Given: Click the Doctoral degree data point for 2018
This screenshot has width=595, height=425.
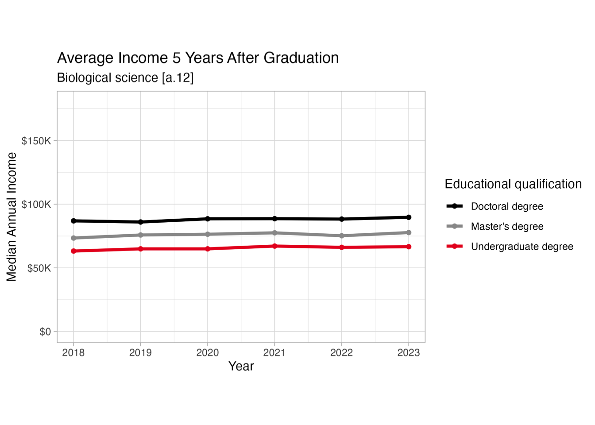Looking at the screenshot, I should point(73,220).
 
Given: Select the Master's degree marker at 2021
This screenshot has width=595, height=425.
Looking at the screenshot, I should point(274,233).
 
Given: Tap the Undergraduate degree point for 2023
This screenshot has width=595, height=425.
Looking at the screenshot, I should point(409,247).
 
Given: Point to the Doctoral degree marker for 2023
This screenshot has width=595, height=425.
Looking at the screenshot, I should point(409,217).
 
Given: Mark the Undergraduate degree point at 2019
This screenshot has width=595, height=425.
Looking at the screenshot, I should point(141,249).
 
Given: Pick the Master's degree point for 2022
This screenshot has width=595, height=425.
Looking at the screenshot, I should point(342,236).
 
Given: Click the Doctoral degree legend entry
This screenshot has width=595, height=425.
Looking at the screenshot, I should point(506,206).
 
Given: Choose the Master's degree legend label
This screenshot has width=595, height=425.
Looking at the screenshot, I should point(507,227).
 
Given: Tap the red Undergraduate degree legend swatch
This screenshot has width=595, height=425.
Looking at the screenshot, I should point(455,246).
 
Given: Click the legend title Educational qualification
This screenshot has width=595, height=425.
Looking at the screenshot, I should point(513,184).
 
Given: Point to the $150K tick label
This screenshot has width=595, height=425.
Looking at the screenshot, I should point(36,141).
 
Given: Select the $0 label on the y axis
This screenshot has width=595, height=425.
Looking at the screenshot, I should point(45,332).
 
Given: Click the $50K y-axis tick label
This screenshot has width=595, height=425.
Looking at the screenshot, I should point(39,268).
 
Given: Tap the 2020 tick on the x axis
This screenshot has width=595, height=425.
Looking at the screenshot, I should point(208,352).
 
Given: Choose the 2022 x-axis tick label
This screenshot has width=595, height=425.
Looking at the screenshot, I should point(342,352).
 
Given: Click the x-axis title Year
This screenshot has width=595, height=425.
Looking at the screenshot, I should point(241,366).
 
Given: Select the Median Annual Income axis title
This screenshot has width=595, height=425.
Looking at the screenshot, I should point(12,217).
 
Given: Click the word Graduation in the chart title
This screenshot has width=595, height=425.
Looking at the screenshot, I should point(301,58).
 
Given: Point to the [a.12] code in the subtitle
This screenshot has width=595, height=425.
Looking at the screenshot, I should point(178,78).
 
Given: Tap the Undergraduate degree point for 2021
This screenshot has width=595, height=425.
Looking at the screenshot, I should point(274,246).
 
